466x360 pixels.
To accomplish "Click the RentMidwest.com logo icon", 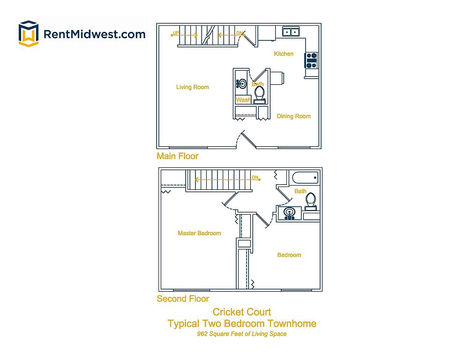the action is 28,34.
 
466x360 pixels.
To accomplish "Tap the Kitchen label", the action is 284,54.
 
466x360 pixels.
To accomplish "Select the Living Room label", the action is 192,87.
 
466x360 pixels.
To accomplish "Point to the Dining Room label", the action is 293,116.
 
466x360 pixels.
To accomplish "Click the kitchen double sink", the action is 292,32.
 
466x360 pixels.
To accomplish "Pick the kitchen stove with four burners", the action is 312,60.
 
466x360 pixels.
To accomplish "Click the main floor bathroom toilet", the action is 259,94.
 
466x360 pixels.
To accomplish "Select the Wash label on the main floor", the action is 243,100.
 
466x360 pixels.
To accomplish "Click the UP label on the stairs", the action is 176,33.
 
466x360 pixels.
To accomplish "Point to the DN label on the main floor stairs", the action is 240,33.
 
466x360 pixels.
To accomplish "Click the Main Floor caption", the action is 177,156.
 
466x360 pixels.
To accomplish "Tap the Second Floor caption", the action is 183,299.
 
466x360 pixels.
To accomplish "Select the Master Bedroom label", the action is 199,233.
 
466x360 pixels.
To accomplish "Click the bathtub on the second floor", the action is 305,178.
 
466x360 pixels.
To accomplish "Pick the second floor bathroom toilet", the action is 310,200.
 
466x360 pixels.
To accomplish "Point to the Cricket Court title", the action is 242,312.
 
